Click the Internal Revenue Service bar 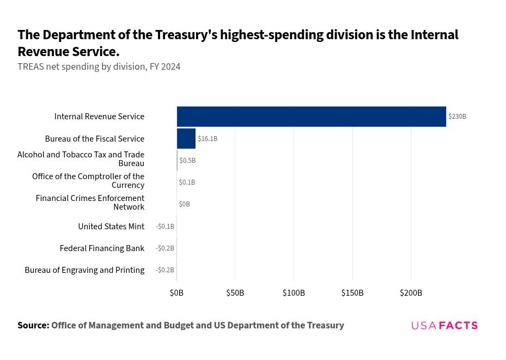coord(312,117)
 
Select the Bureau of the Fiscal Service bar coord(186,139)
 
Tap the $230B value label coord(458,117)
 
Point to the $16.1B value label coord(208,139)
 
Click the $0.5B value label coord(187,160)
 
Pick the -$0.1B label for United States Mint coord(165,227)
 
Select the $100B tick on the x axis coord(294,293)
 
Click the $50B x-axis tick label coord(235,293)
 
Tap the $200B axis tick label coord(411,293)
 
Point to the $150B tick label coord(352,293)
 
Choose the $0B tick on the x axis coord(176,293)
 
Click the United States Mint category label coord(111,227)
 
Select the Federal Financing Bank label coord(102,248)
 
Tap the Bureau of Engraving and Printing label coord(84,270)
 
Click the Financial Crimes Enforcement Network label coord(90,202)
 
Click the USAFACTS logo coord(444,325)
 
